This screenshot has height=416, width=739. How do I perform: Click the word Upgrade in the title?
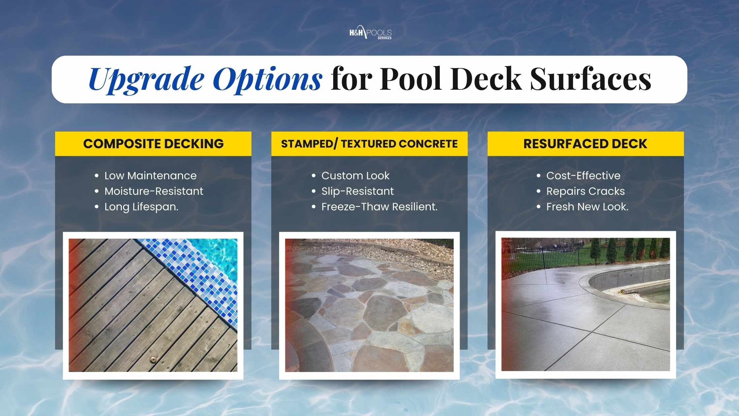coord(146,79)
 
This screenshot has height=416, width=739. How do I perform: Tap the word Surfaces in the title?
coord(590,79)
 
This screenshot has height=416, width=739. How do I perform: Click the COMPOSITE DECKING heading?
coord(153,144)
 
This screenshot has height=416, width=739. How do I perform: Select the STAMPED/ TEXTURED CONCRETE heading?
coord(369,144)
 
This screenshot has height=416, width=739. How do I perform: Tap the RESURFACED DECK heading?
coord(585,144)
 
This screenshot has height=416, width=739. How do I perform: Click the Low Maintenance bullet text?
coord(150,176)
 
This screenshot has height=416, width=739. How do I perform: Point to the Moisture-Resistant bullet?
coord(154,191)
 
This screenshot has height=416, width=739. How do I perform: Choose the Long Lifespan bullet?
coord(141,207)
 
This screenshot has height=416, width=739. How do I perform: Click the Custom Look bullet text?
coord(355,176)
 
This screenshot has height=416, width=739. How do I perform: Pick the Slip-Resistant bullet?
coord(358,191)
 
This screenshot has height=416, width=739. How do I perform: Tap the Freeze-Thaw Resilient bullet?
coord(379,207)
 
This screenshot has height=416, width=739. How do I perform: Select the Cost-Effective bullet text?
coord(583,176)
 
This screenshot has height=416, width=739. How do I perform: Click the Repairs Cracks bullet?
coord(585,191)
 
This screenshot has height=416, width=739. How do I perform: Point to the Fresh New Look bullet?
coord(587,207)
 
